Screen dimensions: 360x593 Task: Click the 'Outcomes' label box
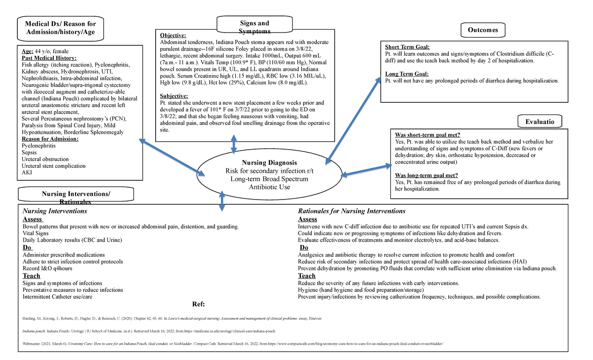pos(483,30)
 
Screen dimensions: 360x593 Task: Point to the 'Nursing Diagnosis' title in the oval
pos(269,162)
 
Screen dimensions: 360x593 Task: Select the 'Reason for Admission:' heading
pos(50,139)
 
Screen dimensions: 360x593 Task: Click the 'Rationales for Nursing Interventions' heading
pos(351,211)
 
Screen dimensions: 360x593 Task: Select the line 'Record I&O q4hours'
pos(47,268)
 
